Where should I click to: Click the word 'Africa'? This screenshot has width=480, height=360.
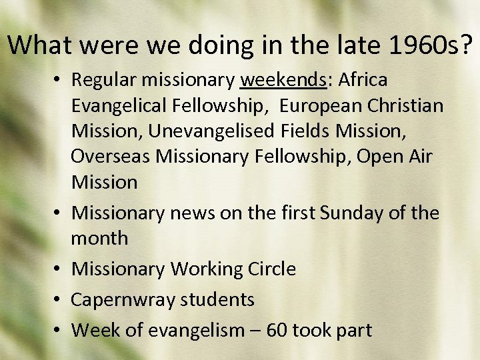coord(363,80)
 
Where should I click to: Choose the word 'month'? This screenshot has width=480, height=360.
coord(99,238)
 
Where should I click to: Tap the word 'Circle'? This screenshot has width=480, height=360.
coord(271,269)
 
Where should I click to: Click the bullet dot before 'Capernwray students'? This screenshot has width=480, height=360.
coord(59,300)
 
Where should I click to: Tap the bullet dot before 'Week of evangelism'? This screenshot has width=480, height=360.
coord(59,330)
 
